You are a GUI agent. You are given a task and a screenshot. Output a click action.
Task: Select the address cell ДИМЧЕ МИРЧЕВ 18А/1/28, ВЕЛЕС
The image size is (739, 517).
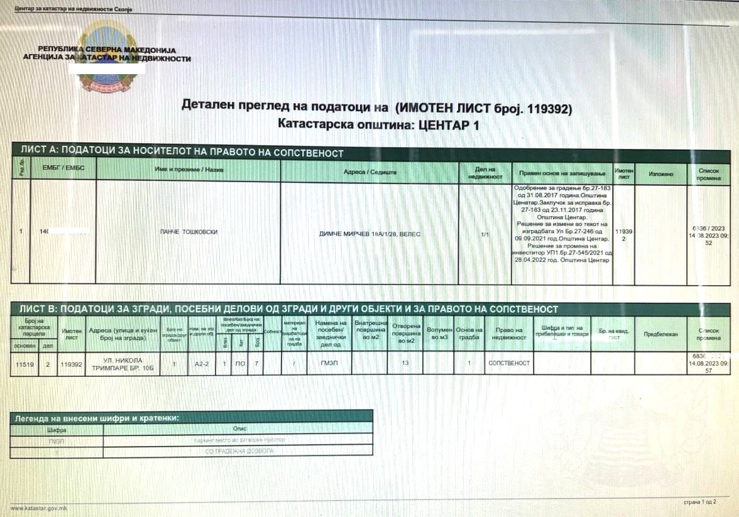click(369, 234)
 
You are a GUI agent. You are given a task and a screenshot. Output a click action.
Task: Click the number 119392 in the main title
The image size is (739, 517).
click(544, 108)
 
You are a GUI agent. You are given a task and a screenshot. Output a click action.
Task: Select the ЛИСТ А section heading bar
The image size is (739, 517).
click(182, 152)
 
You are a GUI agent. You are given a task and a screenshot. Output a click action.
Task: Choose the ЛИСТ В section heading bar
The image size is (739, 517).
click(289, 309)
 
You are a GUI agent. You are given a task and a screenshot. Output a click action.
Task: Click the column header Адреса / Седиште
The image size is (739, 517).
click(369, 172)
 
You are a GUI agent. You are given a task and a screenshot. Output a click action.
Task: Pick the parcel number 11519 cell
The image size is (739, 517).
click(24, 363)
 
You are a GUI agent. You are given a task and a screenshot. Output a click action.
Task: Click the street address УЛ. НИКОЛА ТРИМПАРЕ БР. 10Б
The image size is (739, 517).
click(123, 364)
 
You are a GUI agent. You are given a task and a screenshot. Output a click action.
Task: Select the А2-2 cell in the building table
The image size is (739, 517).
click(201, 363)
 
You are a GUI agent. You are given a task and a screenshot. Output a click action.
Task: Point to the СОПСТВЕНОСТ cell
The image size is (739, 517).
click(508, 363)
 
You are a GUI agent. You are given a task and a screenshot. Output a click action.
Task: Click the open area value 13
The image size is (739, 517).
click(404, 363)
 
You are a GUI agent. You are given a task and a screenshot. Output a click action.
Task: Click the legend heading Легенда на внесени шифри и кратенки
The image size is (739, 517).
click(97, 417)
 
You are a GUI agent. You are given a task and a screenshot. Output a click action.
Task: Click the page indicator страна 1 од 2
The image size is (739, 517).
click(699, 503)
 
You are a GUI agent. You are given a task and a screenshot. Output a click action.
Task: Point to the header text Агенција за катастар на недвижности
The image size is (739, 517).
click(106, 58)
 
